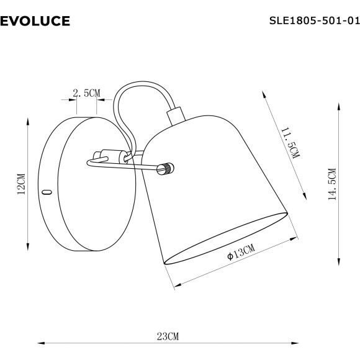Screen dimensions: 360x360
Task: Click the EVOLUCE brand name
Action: pos(35,22)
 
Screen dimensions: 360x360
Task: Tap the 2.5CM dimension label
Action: pos(86,93)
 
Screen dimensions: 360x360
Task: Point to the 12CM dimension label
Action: pos(20,184)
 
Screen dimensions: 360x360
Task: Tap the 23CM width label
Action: pos(168,337)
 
